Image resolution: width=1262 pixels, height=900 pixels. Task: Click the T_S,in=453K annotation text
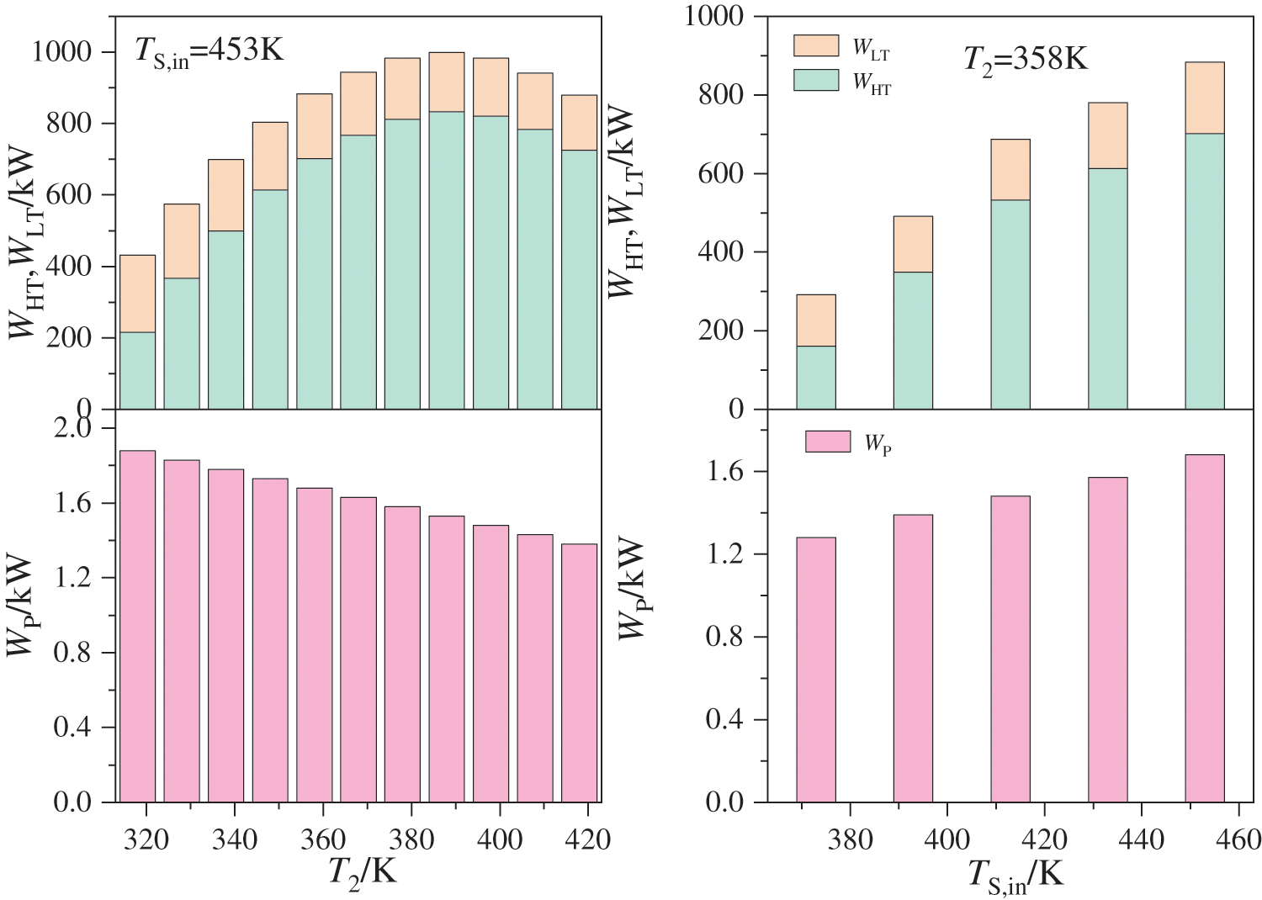click(209, 52)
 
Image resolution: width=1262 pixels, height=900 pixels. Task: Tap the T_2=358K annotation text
click(1025, 60)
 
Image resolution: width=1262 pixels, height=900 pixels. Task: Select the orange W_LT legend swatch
click(815, 45)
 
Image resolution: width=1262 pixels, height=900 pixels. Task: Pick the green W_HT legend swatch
click(815, 80)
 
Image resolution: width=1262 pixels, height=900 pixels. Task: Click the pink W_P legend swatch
click(827, 442)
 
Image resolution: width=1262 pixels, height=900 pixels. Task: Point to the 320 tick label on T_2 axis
click(146, 839)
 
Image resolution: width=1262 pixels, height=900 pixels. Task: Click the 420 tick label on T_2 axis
click(588, 839)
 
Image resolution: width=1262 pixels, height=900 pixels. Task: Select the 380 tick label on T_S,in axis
click(850, 839)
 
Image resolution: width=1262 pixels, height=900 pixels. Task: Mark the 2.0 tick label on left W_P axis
click(72, 429)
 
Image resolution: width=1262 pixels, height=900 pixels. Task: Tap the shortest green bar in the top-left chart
click(137, 371)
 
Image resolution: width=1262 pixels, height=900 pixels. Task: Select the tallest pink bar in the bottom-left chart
click(137, 627)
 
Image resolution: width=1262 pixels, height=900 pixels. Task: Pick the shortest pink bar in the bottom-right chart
click(815, 670)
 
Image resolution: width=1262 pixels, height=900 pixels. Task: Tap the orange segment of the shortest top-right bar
click(815, 320)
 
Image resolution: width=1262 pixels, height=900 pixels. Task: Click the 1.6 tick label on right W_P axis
click(724, 473)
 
